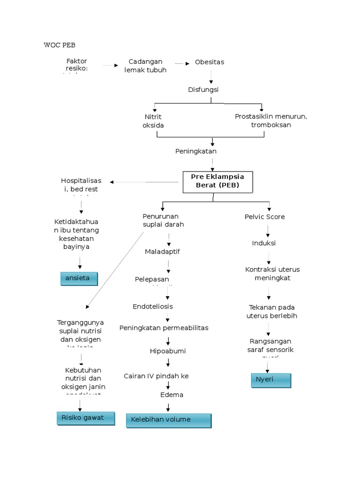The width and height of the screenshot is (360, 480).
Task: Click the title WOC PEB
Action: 59,45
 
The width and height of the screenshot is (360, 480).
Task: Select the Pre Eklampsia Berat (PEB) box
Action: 217,182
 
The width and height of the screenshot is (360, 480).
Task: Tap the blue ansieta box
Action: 79,278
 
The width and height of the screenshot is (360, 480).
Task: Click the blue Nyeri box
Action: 271,380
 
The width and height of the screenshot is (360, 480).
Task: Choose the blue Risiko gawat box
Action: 85,418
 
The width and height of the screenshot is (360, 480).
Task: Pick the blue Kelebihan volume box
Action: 168,420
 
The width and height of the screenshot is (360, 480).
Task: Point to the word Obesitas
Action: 210,62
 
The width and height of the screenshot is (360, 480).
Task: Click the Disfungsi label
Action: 203,90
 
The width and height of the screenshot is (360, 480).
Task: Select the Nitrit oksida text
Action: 153,121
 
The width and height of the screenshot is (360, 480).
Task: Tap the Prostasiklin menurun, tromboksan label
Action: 271,120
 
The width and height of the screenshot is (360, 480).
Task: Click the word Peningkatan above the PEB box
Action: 196,151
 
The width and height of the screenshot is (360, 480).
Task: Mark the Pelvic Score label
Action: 264,217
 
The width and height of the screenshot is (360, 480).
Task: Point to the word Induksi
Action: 264,243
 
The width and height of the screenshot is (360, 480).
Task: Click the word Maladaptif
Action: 162,252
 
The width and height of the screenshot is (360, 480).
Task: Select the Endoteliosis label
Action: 153,307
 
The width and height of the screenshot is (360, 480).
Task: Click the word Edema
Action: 172,395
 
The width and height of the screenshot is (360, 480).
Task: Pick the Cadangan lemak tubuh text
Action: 145,66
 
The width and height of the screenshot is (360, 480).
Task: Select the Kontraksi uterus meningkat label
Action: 272,274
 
